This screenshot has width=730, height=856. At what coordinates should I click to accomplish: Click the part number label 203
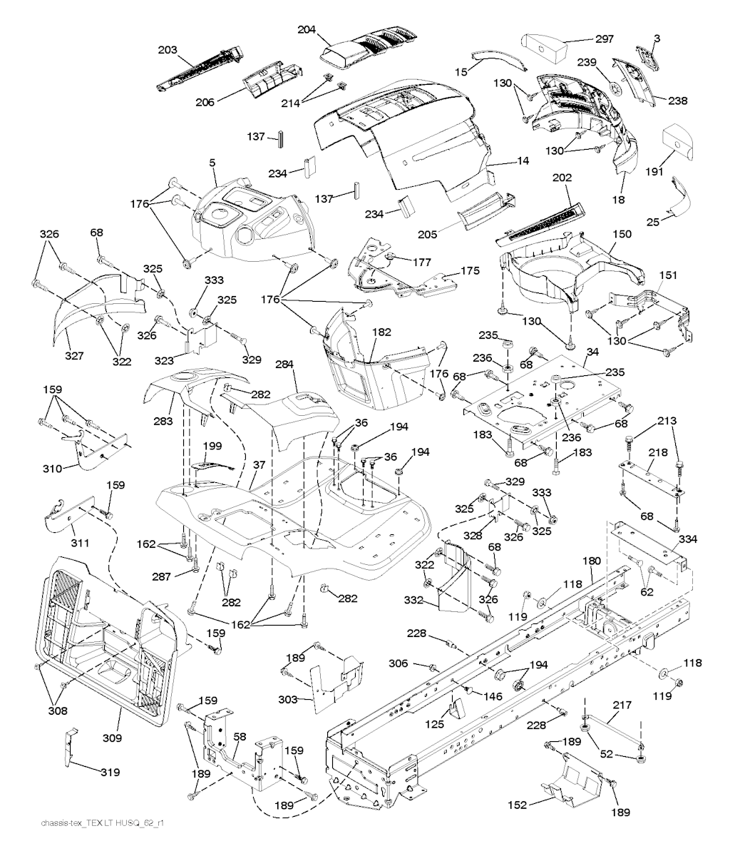pos(168,51)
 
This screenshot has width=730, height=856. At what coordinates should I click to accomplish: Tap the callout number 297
pos(605,39)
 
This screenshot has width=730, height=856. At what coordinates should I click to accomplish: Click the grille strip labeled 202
pos(542,221)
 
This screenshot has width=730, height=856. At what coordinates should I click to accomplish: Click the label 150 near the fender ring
pos(622,235)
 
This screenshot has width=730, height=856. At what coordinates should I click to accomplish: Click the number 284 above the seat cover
pos(284,365)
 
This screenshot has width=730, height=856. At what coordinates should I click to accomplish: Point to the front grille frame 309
pos(107,642)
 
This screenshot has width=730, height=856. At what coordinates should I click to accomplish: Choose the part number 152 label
pos(518,805)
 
